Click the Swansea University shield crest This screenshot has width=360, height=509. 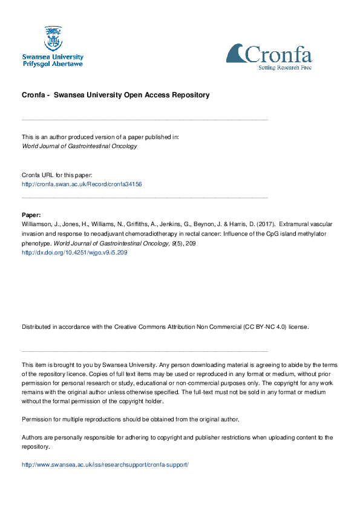point(53,38)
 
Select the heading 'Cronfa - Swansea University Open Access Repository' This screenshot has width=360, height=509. point(116,95)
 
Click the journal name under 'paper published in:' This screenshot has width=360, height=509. point(79,146)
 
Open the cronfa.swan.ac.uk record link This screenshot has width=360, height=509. point(82,184)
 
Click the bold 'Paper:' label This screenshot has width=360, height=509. point(31,215)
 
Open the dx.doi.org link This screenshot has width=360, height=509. point(74,253)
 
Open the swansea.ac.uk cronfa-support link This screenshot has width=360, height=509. point(105,465)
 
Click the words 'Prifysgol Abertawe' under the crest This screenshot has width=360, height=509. point(53,63)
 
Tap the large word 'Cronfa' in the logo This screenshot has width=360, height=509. point(278,55)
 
